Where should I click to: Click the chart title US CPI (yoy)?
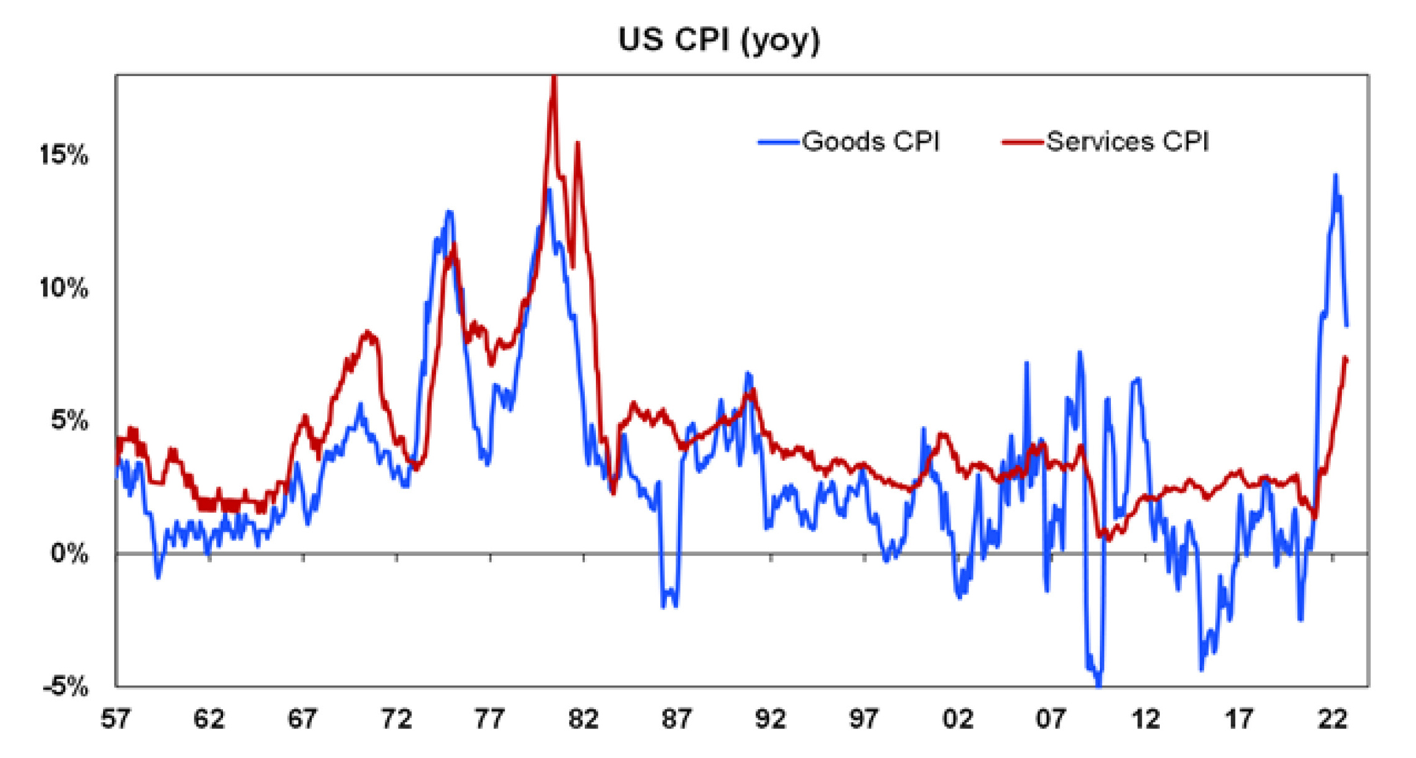719,40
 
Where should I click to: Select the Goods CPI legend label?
870,142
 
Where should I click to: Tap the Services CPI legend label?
1127,142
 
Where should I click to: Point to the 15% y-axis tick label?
64,154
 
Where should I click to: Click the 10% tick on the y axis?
64,288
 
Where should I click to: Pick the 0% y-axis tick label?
69,554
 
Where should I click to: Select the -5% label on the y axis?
65,686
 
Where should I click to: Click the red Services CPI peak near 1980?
554,79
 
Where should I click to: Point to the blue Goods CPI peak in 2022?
1335,175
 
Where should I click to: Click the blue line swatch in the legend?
779,143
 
